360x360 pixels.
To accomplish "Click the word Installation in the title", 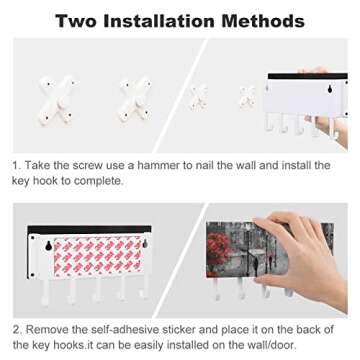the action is (158, 21).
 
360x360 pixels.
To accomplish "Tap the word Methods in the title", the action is (263, 21).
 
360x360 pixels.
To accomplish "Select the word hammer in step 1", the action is (162, 165).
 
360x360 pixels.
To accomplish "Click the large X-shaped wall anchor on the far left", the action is (56, 100).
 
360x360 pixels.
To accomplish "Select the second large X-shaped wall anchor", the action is (135, 99).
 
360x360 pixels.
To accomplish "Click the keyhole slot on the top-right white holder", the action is (329, 89).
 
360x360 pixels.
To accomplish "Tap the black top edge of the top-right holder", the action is (307, 76).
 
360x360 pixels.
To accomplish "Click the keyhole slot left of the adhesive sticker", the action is (48, 245).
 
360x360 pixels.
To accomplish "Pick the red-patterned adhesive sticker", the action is (98, 257).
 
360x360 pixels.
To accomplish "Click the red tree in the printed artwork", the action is (218, 247).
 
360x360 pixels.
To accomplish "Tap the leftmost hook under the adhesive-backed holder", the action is (47, 292).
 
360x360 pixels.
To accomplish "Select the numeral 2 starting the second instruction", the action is (17, 330).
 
